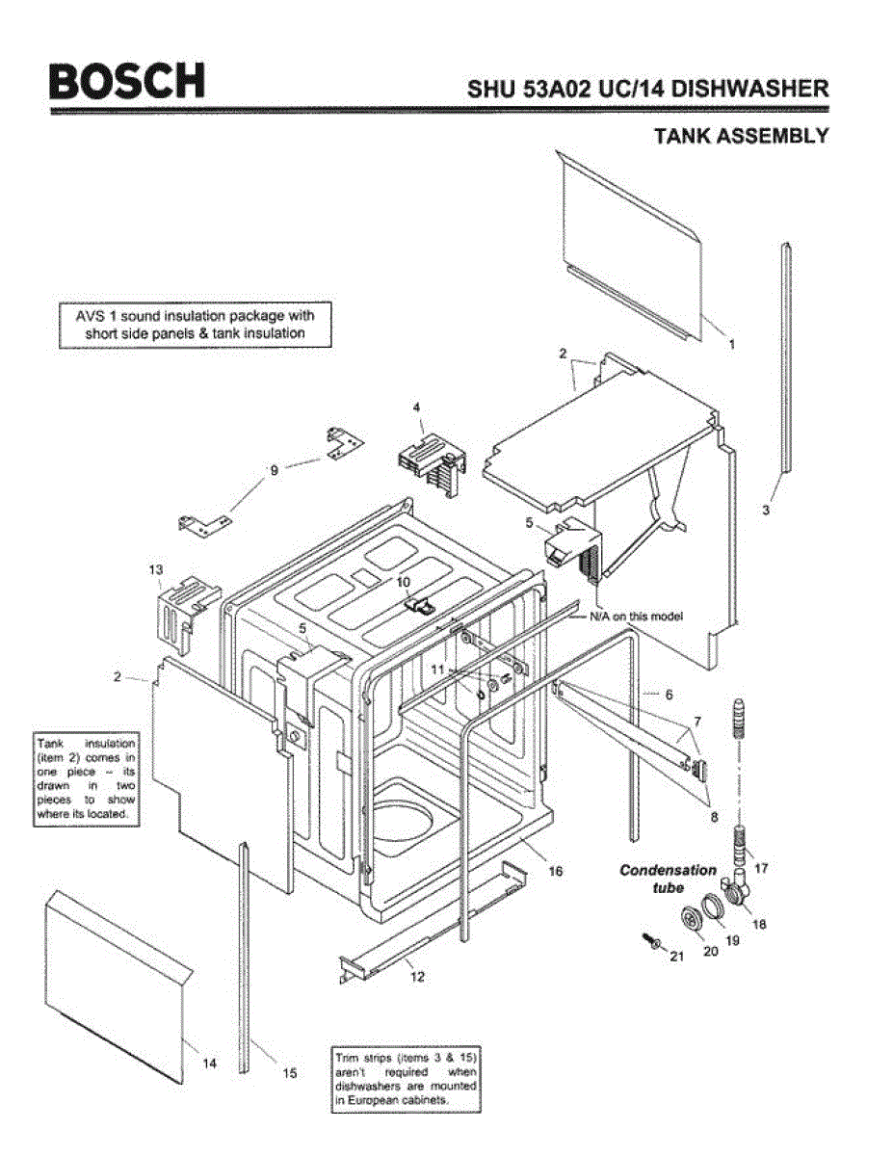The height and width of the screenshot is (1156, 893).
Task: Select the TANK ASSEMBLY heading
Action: [741, 136]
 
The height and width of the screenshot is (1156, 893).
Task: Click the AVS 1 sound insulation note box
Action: [196, 325]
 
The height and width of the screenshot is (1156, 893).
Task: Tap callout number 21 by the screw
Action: [675, 957]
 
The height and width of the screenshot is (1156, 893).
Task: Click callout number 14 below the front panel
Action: [209, 1063]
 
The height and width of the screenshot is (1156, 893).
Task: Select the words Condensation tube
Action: [668, 878]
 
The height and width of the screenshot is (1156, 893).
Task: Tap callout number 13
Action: [156, 569]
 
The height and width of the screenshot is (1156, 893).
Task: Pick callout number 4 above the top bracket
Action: [417, 408]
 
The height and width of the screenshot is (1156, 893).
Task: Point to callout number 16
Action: [555, 871]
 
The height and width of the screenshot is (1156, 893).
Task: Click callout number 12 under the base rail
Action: [417, 976]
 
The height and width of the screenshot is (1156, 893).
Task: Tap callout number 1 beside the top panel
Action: [731, 344]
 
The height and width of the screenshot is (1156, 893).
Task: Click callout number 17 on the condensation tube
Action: [761, 868]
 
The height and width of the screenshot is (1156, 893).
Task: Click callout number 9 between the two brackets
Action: [274, 470]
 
